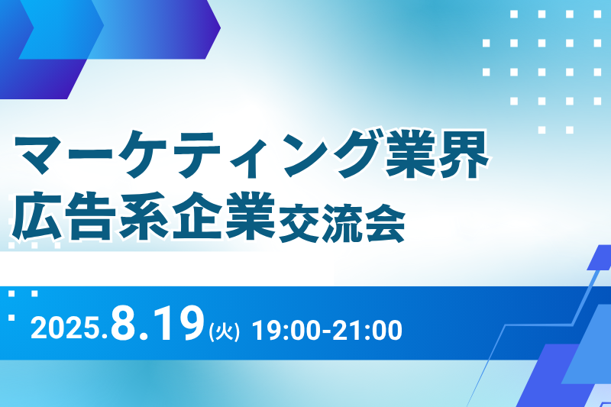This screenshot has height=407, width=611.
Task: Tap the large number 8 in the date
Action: [124, 324]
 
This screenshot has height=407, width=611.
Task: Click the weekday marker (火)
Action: [224, 332]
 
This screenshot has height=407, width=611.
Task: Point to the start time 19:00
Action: [286, 331]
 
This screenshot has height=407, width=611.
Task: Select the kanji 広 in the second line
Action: [36, 215]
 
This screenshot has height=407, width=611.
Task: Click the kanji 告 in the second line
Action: [90, 215]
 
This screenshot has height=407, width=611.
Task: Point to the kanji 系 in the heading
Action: [144, 215]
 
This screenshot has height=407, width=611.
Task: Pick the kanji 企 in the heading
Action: [197, 215]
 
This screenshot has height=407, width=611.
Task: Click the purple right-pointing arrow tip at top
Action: [220, 27]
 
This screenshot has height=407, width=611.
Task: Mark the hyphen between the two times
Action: [328, 332]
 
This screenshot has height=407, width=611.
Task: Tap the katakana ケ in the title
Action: [144, 153]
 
